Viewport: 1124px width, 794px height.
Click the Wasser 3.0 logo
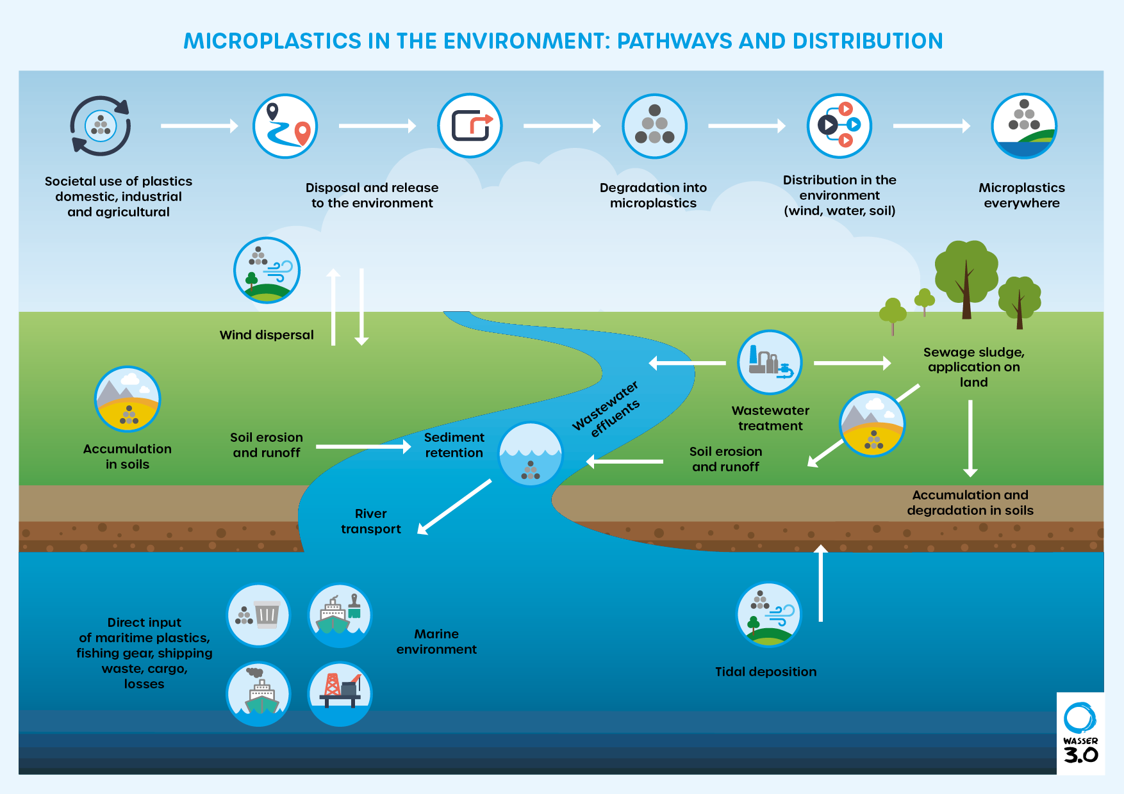click(x=1080, y=733)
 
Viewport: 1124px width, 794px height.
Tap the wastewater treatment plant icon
click(x=770, y=362)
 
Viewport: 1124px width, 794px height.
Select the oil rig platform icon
click(x=340, y=693)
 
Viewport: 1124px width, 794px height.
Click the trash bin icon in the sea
click(x=259, y=615)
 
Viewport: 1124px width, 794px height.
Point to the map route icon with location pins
click(x=285, y=126)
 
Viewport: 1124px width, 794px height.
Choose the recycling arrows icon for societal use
click(x=101, y=126)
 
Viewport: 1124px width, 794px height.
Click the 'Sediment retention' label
click(x=454, y=445)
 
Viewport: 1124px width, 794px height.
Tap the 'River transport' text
click(x=370, y=521)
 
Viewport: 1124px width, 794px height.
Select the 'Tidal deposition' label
click(x=766, y=672)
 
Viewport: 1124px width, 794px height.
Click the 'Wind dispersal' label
click(x=267, y=335)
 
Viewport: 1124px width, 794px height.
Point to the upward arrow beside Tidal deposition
click(x=821, y=583)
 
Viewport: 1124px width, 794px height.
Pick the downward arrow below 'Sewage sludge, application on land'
click(x=970, y=439)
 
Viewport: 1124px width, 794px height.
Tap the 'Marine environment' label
click(x=436, y=642)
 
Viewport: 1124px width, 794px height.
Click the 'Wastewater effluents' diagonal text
click(x=606, y=410)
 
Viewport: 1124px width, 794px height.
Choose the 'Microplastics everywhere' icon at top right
click(x=1023, y=126)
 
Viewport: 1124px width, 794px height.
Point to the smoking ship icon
click(x=259, y=693)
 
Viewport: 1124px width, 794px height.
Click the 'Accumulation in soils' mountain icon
click(x=128, y=399)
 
